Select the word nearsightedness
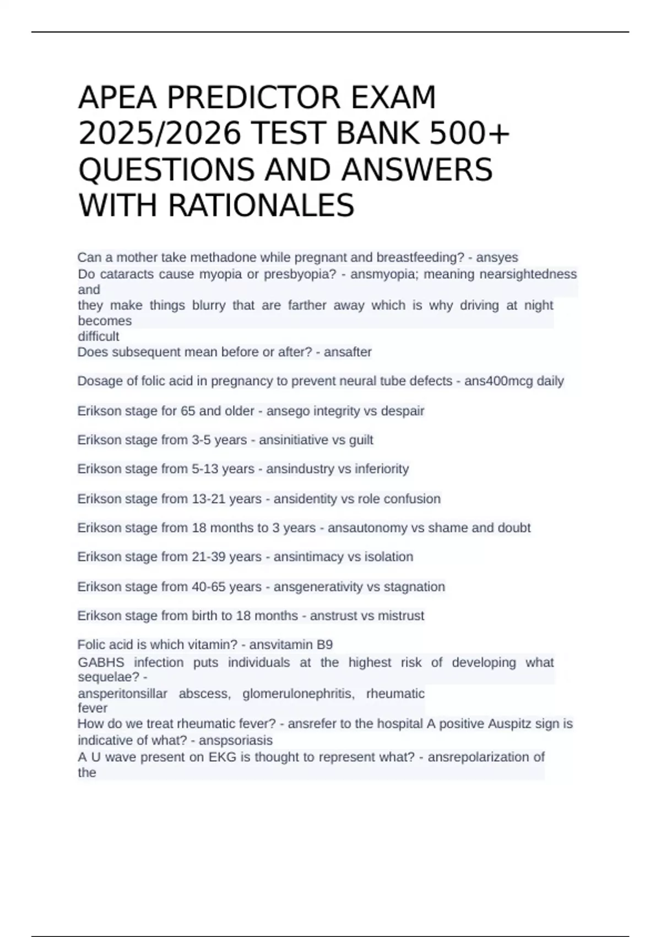point(528,274)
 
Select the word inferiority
point(382,468)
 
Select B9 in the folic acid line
point(324,645)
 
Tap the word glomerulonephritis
point(299,693)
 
